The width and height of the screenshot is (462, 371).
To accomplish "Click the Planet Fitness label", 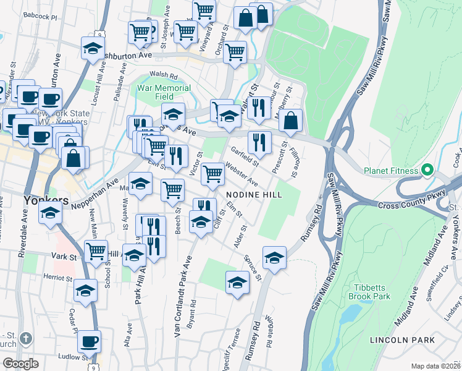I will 393,171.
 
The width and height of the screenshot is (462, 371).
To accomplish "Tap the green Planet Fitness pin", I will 426,170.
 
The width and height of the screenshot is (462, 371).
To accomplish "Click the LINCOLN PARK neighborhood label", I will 402,340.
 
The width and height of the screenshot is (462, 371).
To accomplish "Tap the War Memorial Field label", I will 164,93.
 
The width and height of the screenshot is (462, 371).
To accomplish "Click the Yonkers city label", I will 45,200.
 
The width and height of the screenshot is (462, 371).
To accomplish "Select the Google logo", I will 21,364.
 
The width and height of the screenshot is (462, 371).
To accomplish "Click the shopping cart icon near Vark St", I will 96,252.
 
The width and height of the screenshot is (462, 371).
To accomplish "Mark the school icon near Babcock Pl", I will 93,49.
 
